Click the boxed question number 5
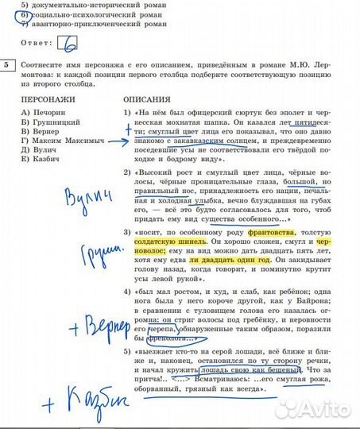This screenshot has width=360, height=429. tap(7, 64)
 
